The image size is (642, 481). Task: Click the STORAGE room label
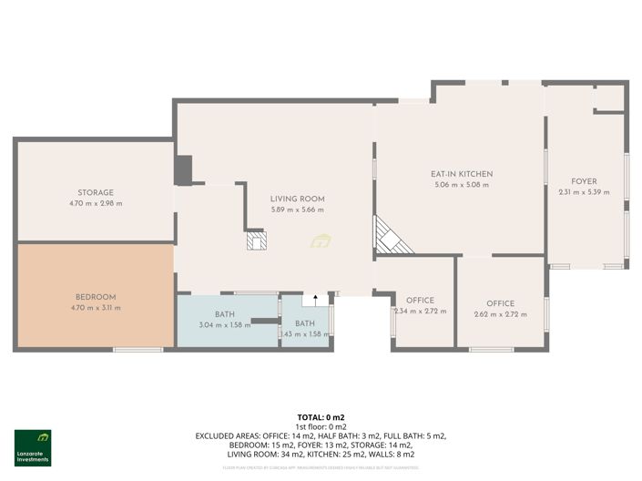click(x=96, y=192)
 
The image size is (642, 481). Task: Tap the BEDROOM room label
click(x=96, y=297)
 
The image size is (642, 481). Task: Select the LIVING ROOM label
click(x=298, y=199)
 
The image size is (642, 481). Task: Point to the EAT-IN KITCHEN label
click(x=462, y=174)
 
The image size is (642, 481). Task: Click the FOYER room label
click(x=584, y=181)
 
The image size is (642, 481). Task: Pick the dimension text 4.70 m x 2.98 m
click(x=96, y=203)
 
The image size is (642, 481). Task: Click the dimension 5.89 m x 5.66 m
click(x=298, y=210)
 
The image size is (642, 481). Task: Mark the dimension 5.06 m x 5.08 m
click(x=462, y=185)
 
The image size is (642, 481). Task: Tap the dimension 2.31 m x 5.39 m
click(x=584, y=192)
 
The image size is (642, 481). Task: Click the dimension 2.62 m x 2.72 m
click(x=500, y=315)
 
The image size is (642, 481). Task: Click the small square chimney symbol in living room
click(x=257, y=240)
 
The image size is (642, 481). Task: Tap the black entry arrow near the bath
click(x=316, y=299)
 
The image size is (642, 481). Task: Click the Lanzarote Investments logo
click(x=33, y=447)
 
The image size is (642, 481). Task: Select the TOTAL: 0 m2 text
click(x=321, y=416)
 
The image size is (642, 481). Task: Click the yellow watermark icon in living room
click(x=321, y=241)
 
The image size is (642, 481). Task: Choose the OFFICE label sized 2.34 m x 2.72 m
click(x=420, y=301)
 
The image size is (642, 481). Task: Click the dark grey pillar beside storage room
click(x=183, y=170)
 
